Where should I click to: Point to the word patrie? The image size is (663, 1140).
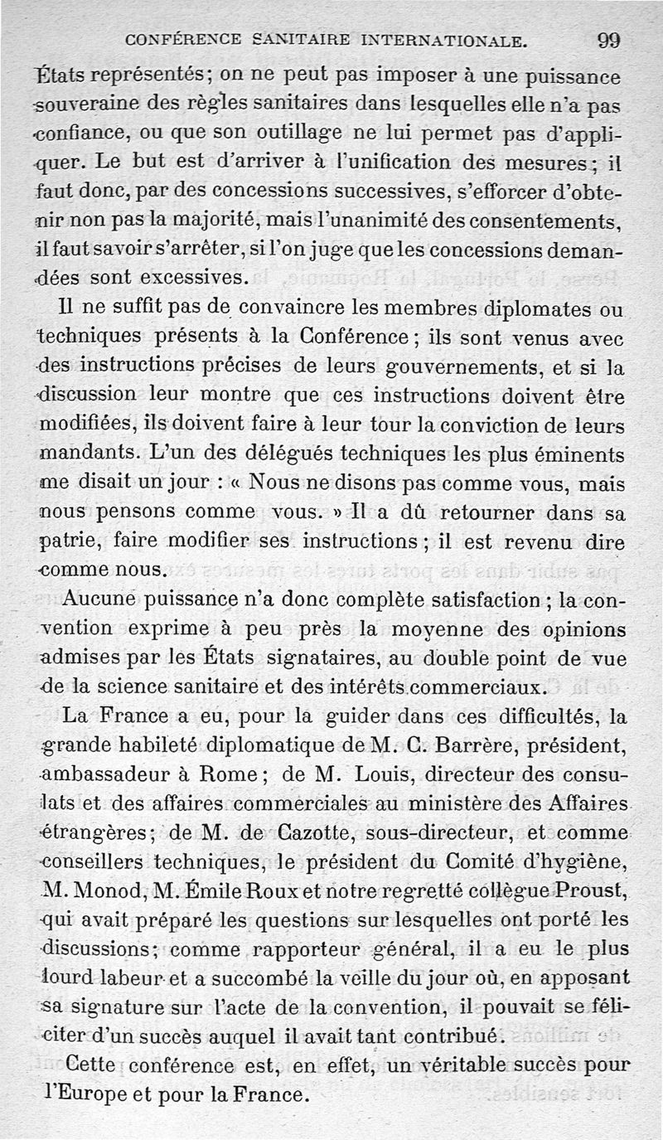pyautogui.click(x=68, y=542)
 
